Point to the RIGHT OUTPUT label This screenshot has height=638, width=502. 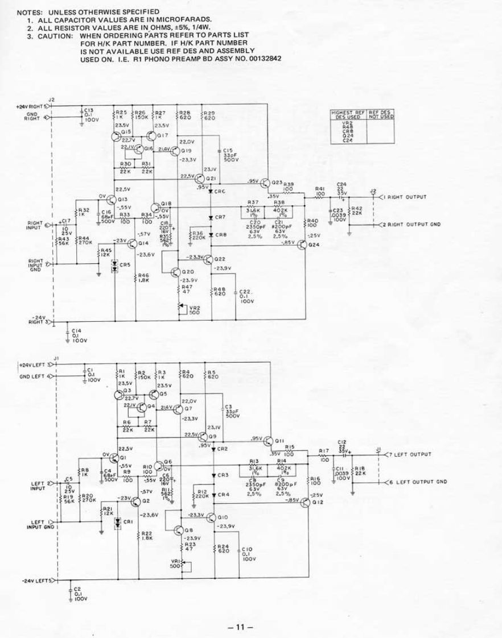(406, 197)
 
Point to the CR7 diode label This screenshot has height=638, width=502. (221, 217)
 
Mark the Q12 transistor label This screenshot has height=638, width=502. (317, 503)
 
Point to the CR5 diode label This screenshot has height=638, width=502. (125, 264)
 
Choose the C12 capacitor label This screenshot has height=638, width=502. (342, 442)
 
